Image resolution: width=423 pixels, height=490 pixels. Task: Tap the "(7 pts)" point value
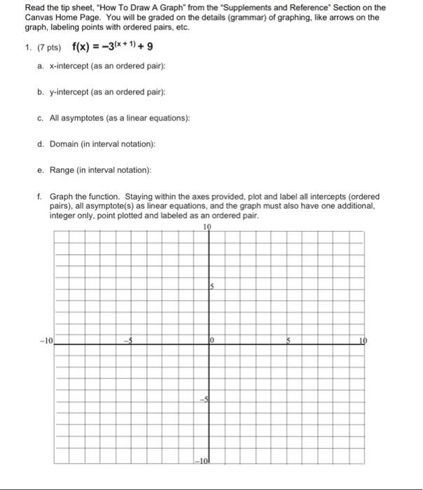tap(49, 49)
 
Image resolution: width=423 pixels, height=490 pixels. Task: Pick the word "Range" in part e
tap(61, 170)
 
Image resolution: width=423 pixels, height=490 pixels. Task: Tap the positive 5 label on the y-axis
tap(210, 286)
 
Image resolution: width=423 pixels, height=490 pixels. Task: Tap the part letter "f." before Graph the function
tap(41, 197)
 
